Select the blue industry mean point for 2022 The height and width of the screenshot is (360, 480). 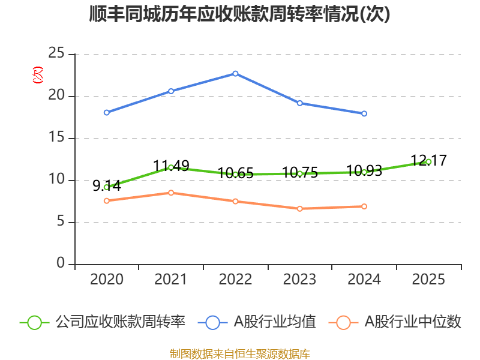point(235,73)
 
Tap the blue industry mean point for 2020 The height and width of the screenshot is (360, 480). point(106,112)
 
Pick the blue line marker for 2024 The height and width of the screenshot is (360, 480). point(364,113)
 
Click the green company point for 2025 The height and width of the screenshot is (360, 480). point(428,161)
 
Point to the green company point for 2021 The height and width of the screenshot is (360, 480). point(171,167)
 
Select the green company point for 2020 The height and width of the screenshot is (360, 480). point(106,187)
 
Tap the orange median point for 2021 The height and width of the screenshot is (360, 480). point(171,193)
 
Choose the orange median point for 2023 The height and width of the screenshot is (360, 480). point(300,209)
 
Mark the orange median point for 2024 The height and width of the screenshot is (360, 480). point(364,206)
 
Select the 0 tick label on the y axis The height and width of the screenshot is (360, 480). point(61,264)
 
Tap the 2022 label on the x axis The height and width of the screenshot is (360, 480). point(235,280)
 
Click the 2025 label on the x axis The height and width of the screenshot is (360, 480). point(428,280)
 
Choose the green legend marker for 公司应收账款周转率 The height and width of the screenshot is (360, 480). point(34,322)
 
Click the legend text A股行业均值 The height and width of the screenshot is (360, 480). point(274,322)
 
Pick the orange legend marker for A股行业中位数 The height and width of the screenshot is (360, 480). point(343,322)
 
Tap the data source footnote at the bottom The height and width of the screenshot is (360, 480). point(239,353)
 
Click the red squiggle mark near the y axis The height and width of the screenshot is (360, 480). point(38,75)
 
